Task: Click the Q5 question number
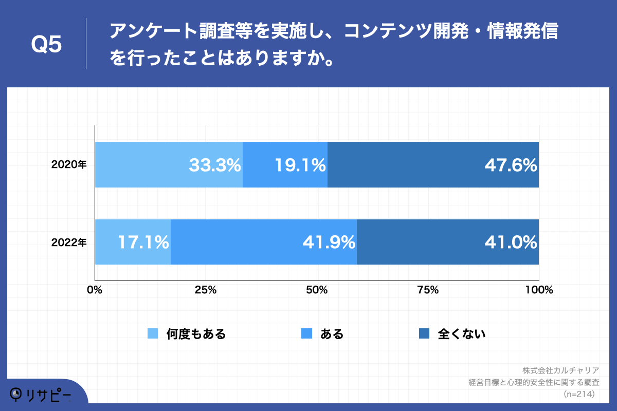click(46, 45)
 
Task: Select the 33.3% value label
click(215, 165)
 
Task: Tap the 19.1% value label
click(300, 165)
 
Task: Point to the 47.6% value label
click(511, 165)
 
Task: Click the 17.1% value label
click(143, 242)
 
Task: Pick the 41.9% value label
click(329, 242)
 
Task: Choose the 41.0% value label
click(511, 242)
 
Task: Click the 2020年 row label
click(69, 165)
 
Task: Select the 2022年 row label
click(69, 242)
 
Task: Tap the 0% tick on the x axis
click(95, 290)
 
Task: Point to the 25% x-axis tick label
click(206, 290)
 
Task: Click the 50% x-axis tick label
click(317, 290)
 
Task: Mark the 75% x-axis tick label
click(428, 290)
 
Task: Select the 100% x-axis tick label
click(539, 290)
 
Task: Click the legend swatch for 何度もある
click(153, 334)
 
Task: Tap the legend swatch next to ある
click(306, 334)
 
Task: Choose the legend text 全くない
click(461, 334)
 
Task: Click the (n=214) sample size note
click(579, 394)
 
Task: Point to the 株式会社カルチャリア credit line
click(561, 370)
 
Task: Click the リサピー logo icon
click(16, 394)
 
